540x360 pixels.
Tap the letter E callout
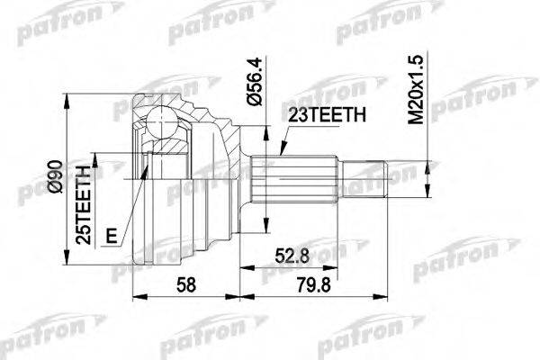pyautogui.click(x=112, y=237)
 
